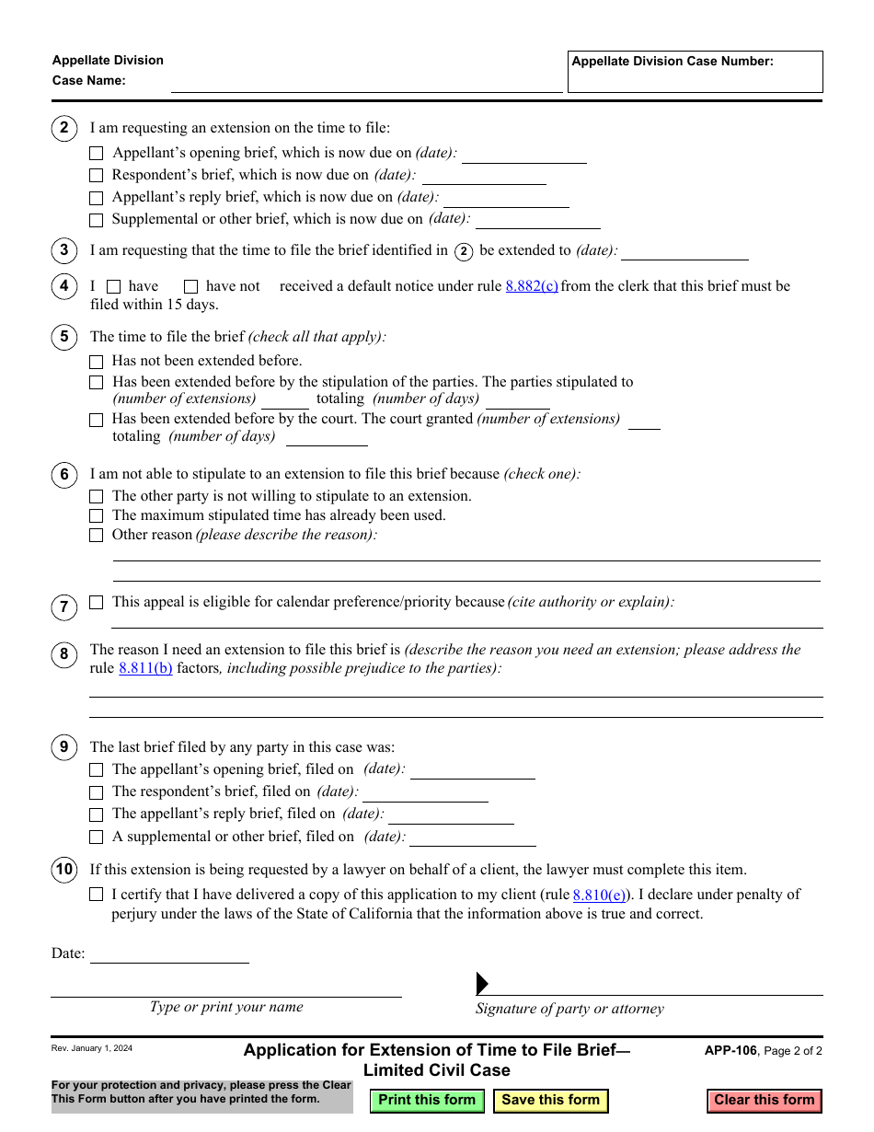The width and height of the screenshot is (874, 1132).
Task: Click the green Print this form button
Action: pos(427,1100)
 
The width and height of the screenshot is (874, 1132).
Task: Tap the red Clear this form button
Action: pos(764,1100)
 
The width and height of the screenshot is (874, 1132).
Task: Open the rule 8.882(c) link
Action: pos(532,286)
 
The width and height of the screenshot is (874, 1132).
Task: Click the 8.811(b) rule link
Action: pos(145,668)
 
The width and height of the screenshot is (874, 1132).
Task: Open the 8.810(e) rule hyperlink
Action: pos(599,895)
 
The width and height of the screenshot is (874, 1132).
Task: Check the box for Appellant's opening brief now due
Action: pos(96,154)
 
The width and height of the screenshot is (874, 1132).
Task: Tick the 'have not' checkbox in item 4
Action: pos(190,287)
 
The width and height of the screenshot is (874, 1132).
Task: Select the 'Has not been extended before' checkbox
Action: pos(96,362)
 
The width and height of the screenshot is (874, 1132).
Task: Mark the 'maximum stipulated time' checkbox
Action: pos(96,516)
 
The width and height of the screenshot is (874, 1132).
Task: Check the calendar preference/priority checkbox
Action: pos(96,603)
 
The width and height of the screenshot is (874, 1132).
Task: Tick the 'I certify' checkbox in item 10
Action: pos(96,895)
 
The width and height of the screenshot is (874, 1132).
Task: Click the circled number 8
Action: pos(63,655)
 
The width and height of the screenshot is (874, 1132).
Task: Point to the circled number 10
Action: pos(63,870)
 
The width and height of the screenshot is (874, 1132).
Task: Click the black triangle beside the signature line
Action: pos(482,984)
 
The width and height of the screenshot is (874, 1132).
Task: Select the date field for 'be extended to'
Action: pos(684,250)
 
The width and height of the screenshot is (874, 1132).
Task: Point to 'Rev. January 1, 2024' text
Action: pos(92,1048)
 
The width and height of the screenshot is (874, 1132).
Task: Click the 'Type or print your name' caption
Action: pos(226,1007)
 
